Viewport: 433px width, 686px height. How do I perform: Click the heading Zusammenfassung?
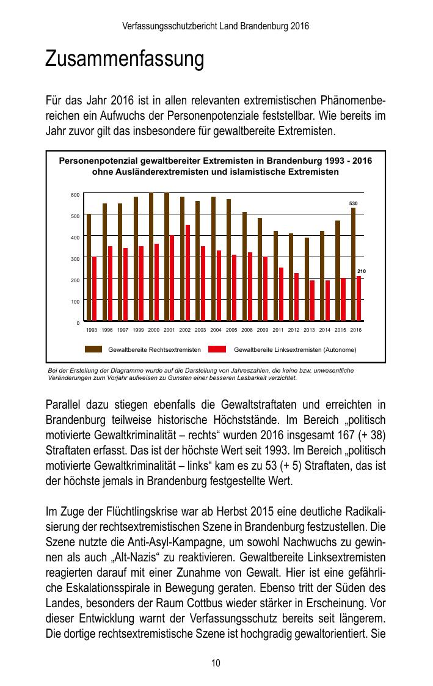pyautogui.click(x=124, y=60)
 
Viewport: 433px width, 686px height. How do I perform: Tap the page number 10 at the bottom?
pyautogui.click(x=216, y=663)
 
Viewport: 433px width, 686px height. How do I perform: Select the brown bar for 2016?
pyautogui.click(x=353, y=264)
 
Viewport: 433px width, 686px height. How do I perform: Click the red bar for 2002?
pyautogui.click(x=187, y=272)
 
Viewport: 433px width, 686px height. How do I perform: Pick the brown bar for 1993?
pyautogui.click(x=89, y=267)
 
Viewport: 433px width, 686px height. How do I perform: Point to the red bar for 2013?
pyautogui.click(x=312, y=301)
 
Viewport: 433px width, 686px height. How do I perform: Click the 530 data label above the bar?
pyautogui.click(x=353, y=203)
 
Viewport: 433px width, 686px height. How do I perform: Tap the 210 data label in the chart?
pyautogui.click(x=361, y=271)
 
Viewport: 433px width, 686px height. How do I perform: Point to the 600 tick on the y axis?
pyautogui.click(x=75, y=195)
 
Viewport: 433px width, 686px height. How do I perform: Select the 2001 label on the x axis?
pyautogui.click(x=169, y=330)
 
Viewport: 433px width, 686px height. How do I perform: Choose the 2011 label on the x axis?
pyautogui.click(x=278, y=330)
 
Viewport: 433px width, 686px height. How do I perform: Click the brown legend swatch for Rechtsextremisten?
pyautogui.click(x=93, y=349)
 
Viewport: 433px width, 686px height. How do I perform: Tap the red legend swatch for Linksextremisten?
pyautogui.click(x=217, y=349)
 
